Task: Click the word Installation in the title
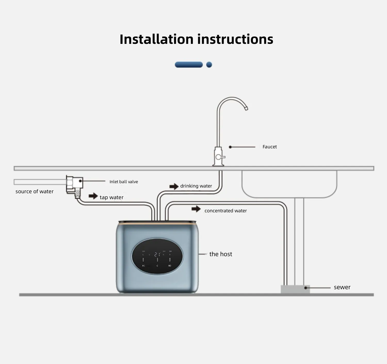click(x=156, y=39)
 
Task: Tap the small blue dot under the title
click(x=209, y=64)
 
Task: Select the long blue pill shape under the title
click(x=189, y=64)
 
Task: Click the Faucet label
click(x=270, y=147)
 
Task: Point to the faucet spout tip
click(x=246, y=109)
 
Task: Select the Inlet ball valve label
click(x=124, y=182)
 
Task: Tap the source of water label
click(x=34, y=191)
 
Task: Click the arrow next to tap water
click(x=93, y=196)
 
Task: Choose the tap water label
click(x=111, y=197)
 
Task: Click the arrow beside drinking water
click(x=174, y=186)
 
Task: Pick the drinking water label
click(x=196, y=186)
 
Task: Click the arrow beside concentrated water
click(x=196, y=209)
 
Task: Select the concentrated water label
click(x=225, y=211)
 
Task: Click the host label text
click(x=221, y=254)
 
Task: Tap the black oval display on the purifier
click(x=157, y=256)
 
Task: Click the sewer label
click(x=342, y=287)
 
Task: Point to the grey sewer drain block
click(x=295, y=289)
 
